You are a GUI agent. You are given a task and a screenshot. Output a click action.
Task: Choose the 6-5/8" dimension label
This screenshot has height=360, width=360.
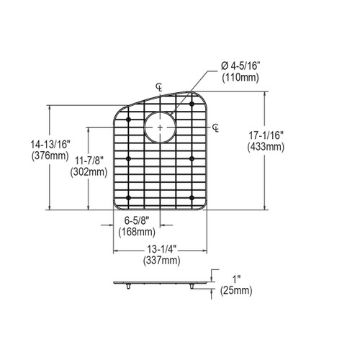pyautogui.click(x=136, y=221)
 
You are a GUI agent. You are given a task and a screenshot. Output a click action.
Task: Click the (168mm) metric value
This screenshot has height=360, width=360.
pyautogui.click(x=136, y=232)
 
